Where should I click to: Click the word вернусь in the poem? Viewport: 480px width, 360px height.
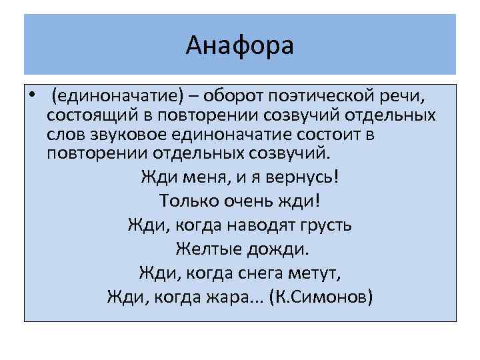click(294, 178)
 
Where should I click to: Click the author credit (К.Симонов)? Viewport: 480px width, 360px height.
click(320, 295)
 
